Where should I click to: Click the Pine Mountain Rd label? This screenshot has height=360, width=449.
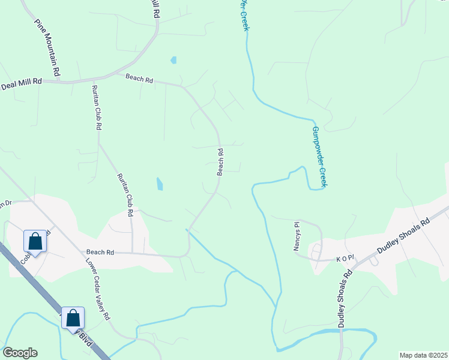[x=47, y=47]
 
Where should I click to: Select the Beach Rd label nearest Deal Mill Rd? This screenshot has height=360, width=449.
[x=139, y=79]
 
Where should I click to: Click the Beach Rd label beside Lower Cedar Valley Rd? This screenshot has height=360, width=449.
[x=100, y=253]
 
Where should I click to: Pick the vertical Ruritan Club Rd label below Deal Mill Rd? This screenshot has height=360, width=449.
[x=96, y=107]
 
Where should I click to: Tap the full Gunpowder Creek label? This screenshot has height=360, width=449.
[x=319, y=156]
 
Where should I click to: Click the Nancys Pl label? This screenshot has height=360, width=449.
[x=297, y=237]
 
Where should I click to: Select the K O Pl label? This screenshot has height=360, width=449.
[x=346, y=259]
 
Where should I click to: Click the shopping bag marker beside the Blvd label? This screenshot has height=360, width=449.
[x=73, y=318]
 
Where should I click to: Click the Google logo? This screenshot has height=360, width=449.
[x=20, y=353]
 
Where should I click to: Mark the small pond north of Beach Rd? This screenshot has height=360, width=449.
[x=173, y=60]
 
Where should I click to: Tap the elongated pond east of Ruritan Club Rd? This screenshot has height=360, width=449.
[x=159, y=184]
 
